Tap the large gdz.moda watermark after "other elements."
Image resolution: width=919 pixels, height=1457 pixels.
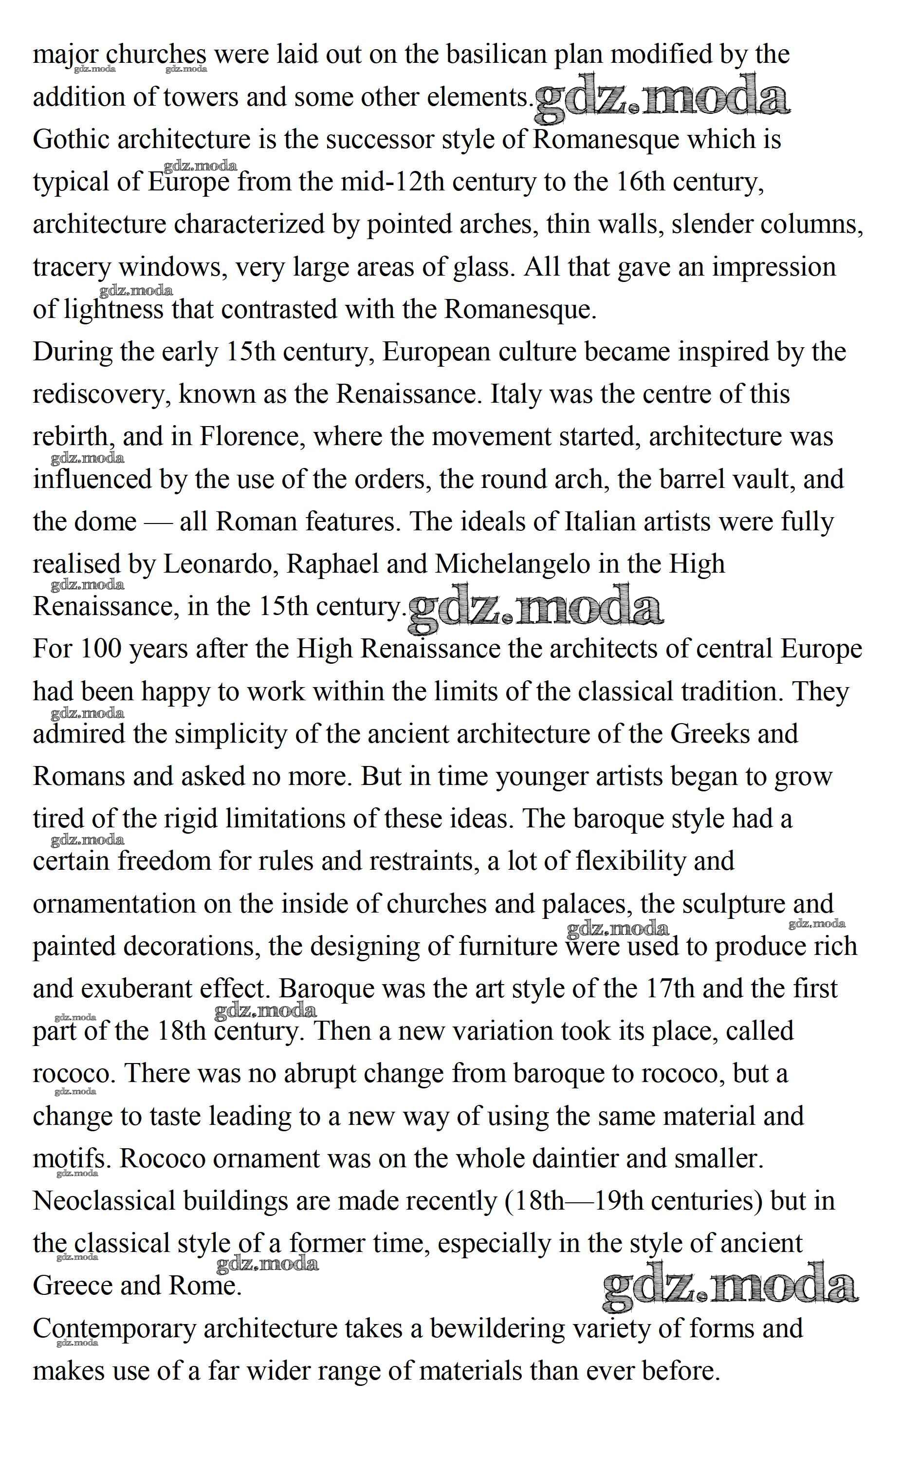pos(662,95)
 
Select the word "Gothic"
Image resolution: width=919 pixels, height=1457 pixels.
pos(72,140)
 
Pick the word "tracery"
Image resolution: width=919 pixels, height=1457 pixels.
pos(72,267)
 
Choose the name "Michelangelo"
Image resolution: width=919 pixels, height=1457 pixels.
pos(513,564)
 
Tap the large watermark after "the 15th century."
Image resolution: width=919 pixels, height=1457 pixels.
pos(535,606)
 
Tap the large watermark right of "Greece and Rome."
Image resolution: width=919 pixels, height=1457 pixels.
pos(730,1285)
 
